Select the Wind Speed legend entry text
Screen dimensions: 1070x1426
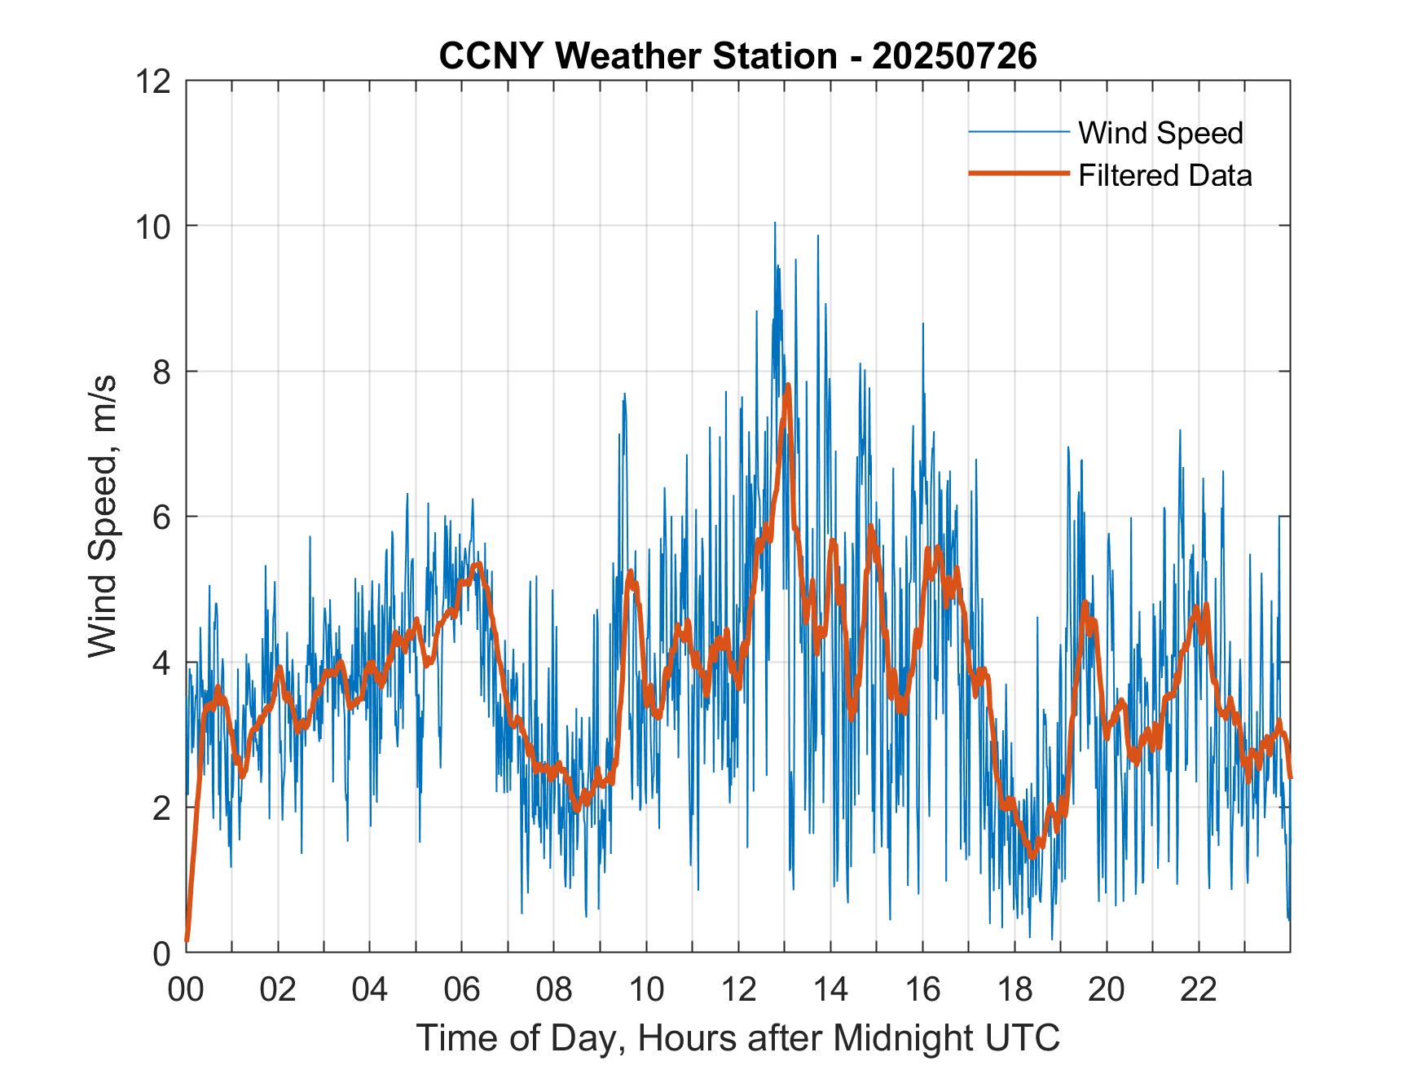coord(1160,133)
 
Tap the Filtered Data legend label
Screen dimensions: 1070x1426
coord(1164,175)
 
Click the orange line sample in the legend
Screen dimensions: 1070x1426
coord(1019,174)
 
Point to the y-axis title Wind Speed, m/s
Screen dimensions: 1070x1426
coord(103,516)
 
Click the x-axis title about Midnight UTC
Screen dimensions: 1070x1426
coord(737,1037)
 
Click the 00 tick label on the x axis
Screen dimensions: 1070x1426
coord(186,989)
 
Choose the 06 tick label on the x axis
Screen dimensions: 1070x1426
coord(462,989)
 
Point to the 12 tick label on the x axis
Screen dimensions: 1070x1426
coord(738,989)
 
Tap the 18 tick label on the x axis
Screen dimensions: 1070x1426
coord(1014,989)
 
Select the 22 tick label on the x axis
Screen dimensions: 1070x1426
coord(1199,989)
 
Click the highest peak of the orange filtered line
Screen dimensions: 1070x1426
coord(788,385)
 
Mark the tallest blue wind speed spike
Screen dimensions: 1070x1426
coord(775,222)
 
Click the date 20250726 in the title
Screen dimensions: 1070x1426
coord(954,56)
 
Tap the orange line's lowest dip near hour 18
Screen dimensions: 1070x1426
coord(1032,856)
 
